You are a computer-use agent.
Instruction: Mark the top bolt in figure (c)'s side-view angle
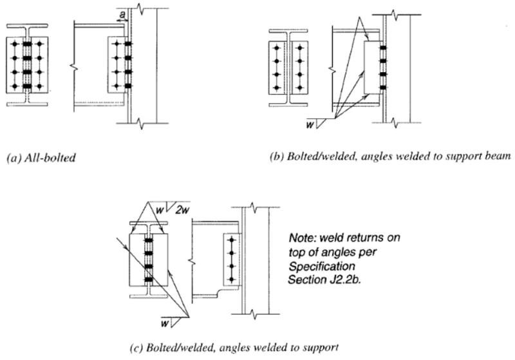230,242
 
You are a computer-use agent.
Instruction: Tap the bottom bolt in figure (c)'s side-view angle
230,279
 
